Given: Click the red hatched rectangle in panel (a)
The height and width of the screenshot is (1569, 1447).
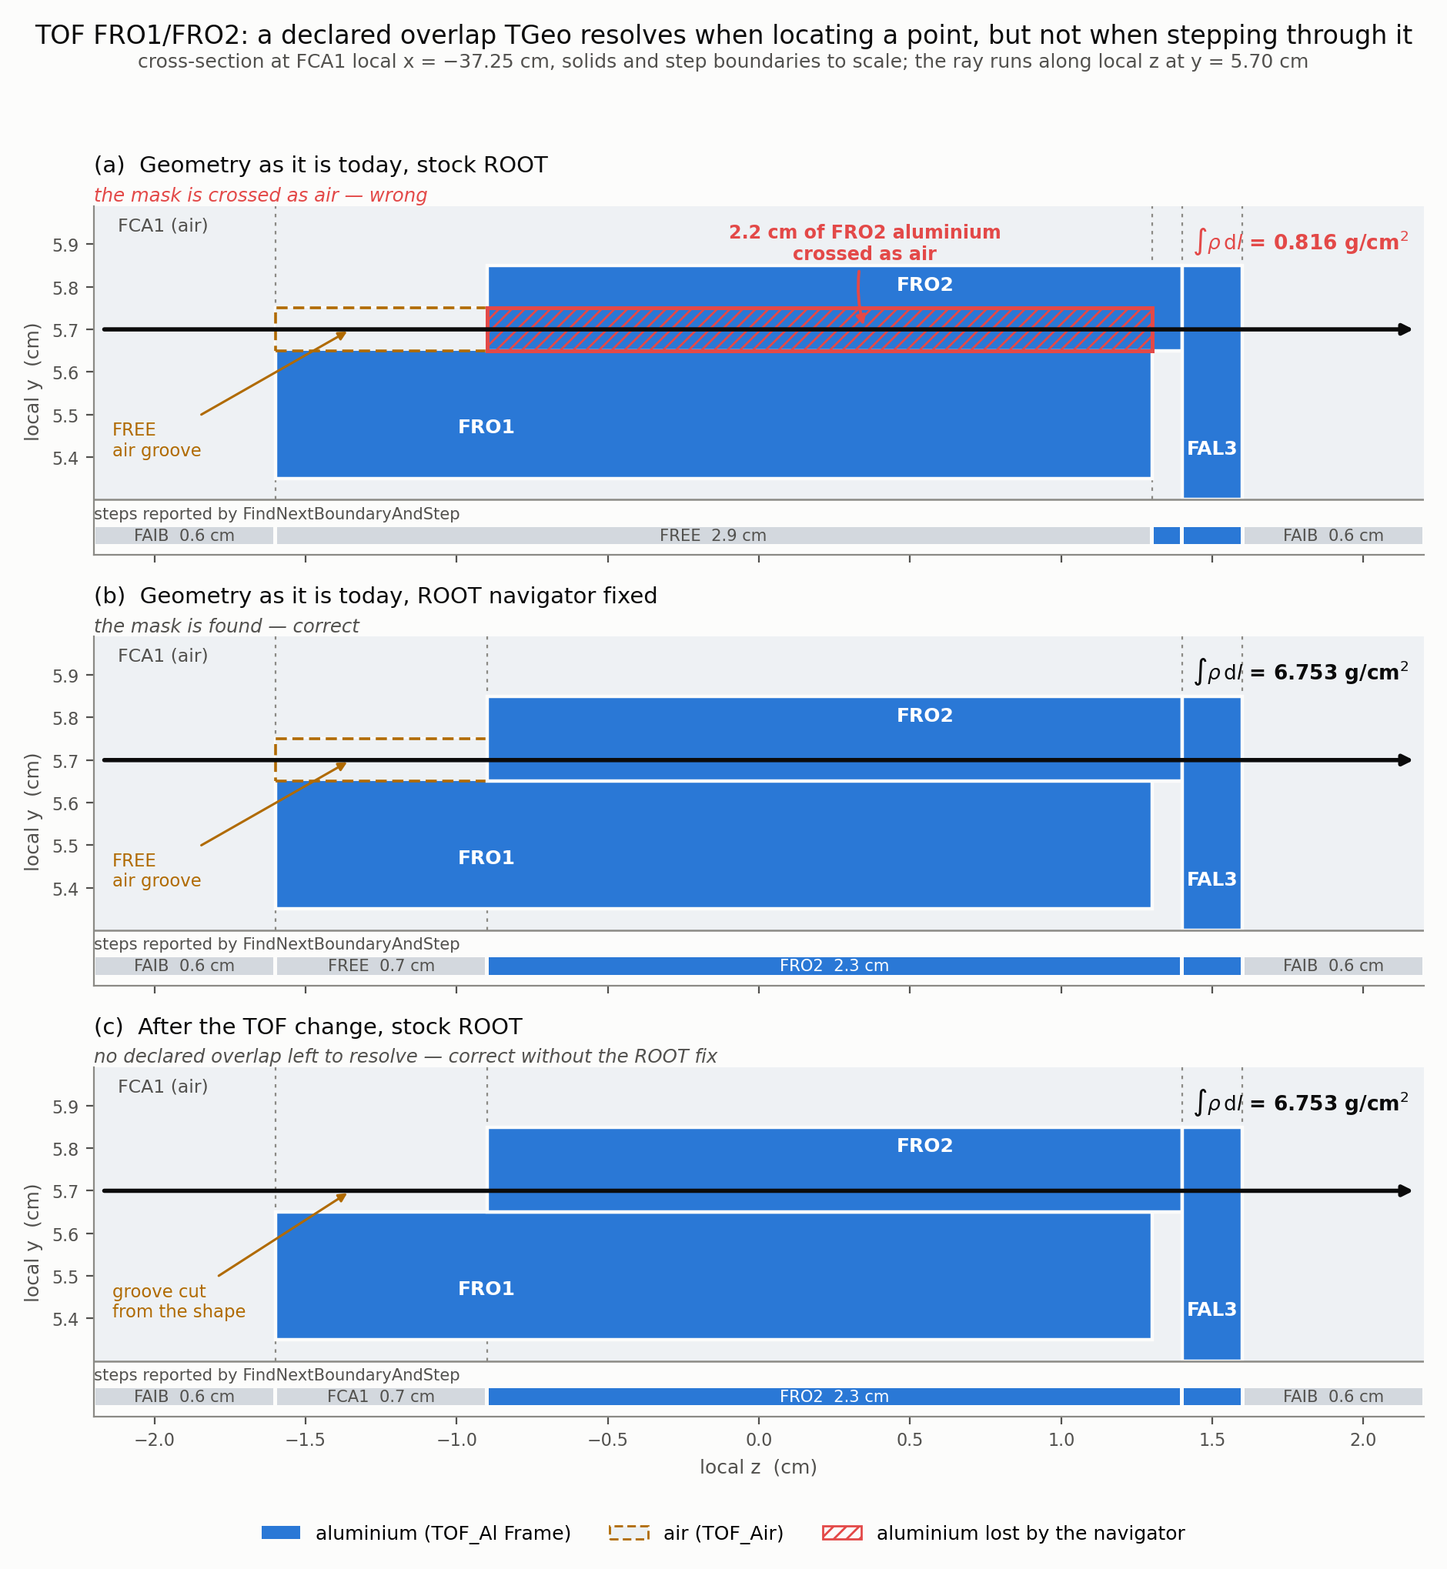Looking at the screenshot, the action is click(x=820, y=329).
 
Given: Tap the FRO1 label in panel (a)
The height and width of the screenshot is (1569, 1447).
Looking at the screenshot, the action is click(x=486, y=427).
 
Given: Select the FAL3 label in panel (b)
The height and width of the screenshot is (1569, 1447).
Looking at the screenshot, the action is click(x=1211, y=880).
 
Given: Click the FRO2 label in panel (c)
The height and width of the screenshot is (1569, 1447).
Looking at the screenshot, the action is click(x=924, y=1146).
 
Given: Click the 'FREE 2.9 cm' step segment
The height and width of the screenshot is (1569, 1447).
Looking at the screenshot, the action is click(x=713, y=536).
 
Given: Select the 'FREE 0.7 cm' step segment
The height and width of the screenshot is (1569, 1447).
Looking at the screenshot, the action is click(x=381, y=966).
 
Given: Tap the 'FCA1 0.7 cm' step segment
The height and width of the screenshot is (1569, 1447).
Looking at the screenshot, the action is click(x=381, y=1396).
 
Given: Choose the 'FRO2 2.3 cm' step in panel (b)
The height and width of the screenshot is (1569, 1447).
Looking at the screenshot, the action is click(x=834, y=966).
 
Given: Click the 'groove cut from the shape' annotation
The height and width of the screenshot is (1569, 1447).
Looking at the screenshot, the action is click(x=179, y=1301).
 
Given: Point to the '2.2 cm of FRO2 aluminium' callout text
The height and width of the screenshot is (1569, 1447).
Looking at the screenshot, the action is click(x=864, y=232).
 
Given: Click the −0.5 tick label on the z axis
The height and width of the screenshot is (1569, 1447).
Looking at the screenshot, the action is click(x=607, y=1440).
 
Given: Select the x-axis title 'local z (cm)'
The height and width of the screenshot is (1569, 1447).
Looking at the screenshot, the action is click(x=758, y=1467).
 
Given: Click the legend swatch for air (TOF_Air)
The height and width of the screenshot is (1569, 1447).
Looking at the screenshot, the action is click(x=630, y=1533).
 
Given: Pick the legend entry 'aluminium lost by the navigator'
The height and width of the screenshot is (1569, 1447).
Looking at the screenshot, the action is click(x=1003, y=1533).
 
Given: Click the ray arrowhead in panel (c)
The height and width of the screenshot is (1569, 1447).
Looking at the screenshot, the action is click(x=1405, y=1191).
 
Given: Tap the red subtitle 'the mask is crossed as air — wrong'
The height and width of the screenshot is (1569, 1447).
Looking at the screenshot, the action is click(x=261, y=195).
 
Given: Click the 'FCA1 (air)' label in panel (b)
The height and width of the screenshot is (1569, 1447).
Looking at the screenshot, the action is click(x=163, y=656).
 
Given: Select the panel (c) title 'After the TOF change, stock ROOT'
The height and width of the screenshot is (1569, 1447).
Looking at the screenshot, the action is click(x=329, y=1027).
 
